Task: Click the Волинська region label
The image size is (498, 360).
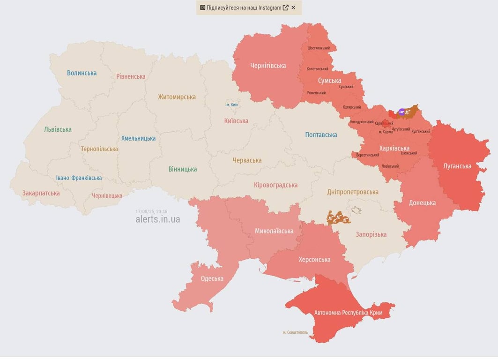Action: (82, 73)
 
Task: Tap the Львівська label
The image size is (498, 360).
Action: (58, 129)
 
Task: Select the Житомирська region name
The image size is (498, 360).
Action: (177, 97)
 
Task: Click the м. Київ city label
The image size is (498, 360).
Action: (232, 105)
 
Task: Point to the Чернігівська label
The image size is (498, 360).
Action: (268, 66)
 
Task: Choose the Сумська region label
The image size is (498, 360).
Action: (329, 81)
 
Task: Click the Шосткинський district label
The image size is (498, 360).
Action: (319, 48)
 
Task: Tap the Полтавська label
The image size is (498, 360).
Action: (321, 135)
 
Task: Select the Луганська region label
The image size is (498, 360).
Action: (457, 166)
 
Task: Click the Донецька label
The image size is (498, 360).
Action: (422, 202)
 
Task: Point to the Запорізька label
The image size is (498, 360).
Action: (371, 234)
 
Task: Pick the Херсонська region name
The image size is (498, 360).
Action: (314, 260)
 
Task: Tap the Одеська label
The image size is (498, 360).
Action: (212, 278)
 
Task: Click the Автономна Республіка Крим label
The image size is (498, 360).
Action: (348, 313)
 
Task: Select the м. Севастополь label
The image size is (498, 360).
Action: (295, 332)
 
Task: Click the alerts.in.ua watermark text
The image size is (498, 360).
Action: (157, 219)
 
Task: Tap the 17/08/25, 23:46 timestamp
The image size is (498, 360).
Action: (151, 211)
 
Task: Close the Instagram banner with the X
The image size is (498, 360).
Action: (293, 7)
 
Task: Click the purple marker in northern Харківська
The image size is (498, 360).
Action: (401, 112)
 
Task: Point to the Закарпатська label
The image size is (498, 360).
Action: (41, 193)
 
